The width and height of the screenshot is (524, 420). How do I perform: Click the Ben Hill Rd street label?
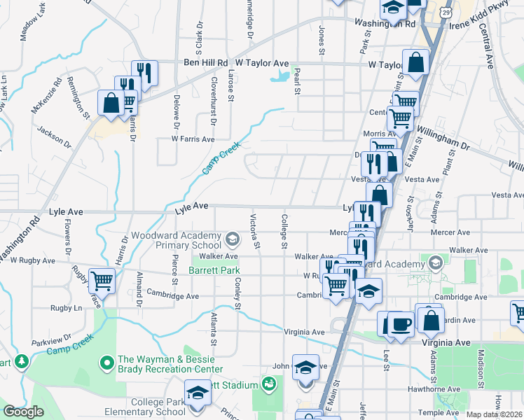click(x=207, y=63)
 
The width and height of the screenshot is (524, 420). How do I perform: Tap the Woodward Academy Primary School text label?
click(x=176, y=241)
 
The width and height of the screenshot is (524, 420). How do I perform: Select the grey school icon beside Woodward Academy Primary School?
click(x=232, y=241)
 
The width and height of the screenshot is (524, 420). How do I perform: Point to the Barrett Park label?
click(x=214, y=270)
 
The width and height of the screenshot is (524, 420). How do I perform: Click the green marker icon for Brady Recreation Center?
click(x=106, y=363)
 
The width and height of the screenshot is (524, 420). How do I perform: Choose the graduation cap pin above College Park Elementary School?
click(x=198, y=392)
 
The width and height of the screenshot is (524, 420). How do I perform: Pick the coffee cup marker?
click(x=401, y=324)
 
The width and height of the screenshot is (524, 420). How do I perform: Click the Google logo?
click(x=23, y=412)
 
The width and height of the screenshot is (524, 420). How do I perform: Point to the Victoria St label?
click(x=255, y=231)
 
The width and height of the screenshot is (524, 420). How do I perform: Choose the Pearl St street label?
click(x=297, y=80)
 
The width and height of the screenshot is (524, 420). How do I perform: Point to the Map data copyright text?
click(x=493, y=414)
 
